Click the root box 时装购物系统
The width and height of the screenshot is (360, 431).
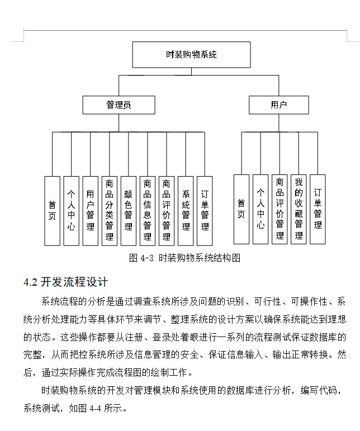(191, 55)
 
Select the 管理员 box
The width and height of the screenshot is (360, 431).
(119, 105)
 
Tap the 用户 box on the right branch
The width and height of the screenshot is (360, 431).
(278, 105)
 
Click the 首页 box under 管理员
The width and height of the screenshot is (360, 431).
(52, 211)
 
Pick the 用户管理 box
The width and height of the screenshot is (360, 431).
(90, 211)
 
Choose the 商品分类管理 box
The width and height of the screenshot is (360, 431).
(109, 211)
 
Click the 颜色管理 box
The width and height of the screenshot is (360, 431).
(128, 211)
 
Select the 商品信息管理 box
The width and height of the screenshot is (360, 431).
(147, 211)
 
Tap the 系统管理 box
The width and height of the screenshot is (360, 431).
(186, 211)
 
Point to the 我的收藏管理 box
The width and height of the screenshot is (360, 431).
(299, 209)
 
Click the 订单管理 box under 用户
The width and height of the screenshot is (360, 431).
(318, 209)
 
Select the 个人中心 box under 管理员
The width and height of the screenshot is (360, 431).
(71, 211)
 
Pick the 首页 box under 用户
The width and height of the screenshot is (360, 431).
(241, 209)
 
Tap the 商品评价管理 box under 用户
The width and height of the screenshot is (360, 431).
(280, 209)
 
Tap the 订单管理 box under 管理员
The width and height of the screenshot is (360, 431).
(205, 211)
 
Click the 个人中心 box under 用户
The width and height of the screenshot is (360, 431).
(260, 209)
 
